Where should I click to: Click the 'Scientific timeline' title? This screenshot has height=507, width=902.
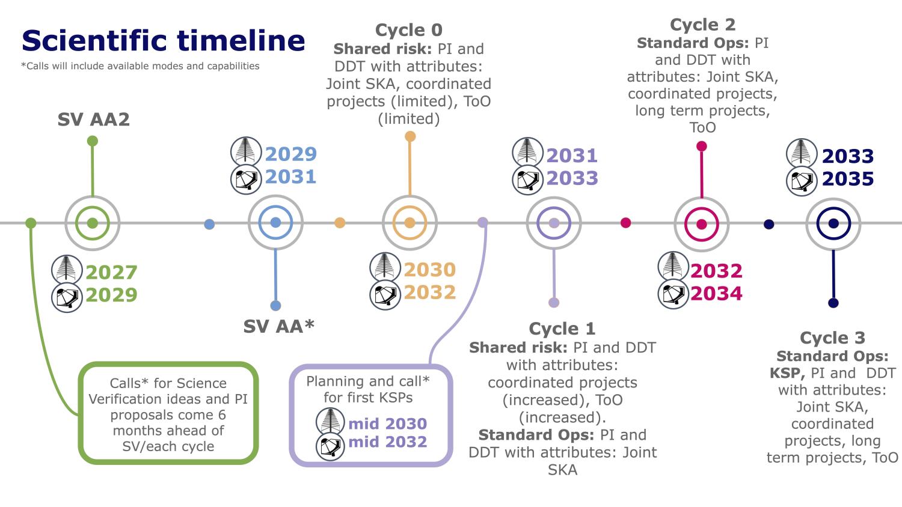[x=163, y=41]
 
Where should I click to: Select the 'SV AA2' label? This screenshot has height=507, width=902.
[x=93, y=120]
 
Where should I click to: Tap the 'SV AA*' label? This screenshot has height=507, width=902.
[x=279, y=326]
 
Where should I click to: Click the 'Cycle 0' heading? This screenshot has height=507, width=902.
[x=408, y=30]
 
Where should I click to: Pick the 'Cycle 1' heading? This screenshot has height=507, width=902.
[x=562, y=329]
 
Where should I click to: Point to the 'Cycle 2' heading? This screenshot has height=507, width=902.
[x=702, y=25]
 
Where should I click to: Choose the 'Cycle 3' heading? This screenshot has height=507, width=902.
[x=832, y=338]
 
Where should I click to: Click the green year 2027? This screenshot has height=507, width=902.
[x=111, y=272]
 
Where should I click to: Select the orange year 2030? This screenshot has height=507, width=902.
[x=429, y=270]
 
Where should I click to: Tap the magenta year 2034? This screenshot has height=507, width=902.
[x=716, y=294]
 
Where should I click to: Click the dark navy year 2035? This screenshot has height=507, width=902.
[x=847, y=179]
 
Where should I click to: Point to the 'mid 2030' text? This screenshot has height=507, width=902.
[x=387, y=424]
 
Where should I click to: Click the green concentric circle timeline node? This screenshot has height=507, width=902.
[x=92, y=223]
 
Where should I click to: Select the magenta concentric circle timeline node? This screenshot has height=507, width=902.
[x=701, y=224]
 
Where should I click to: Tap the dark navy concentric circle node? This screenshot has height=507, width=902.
[x=833, y=223]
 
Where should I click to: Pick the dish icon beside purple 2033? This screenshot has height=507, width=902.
[x=527, y=180]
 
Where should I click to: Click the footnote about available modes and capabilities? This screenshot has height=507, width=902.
[x=140, y=66]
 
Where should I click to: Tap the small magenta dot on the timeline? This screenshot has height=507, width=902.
[x=625, y=223]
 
